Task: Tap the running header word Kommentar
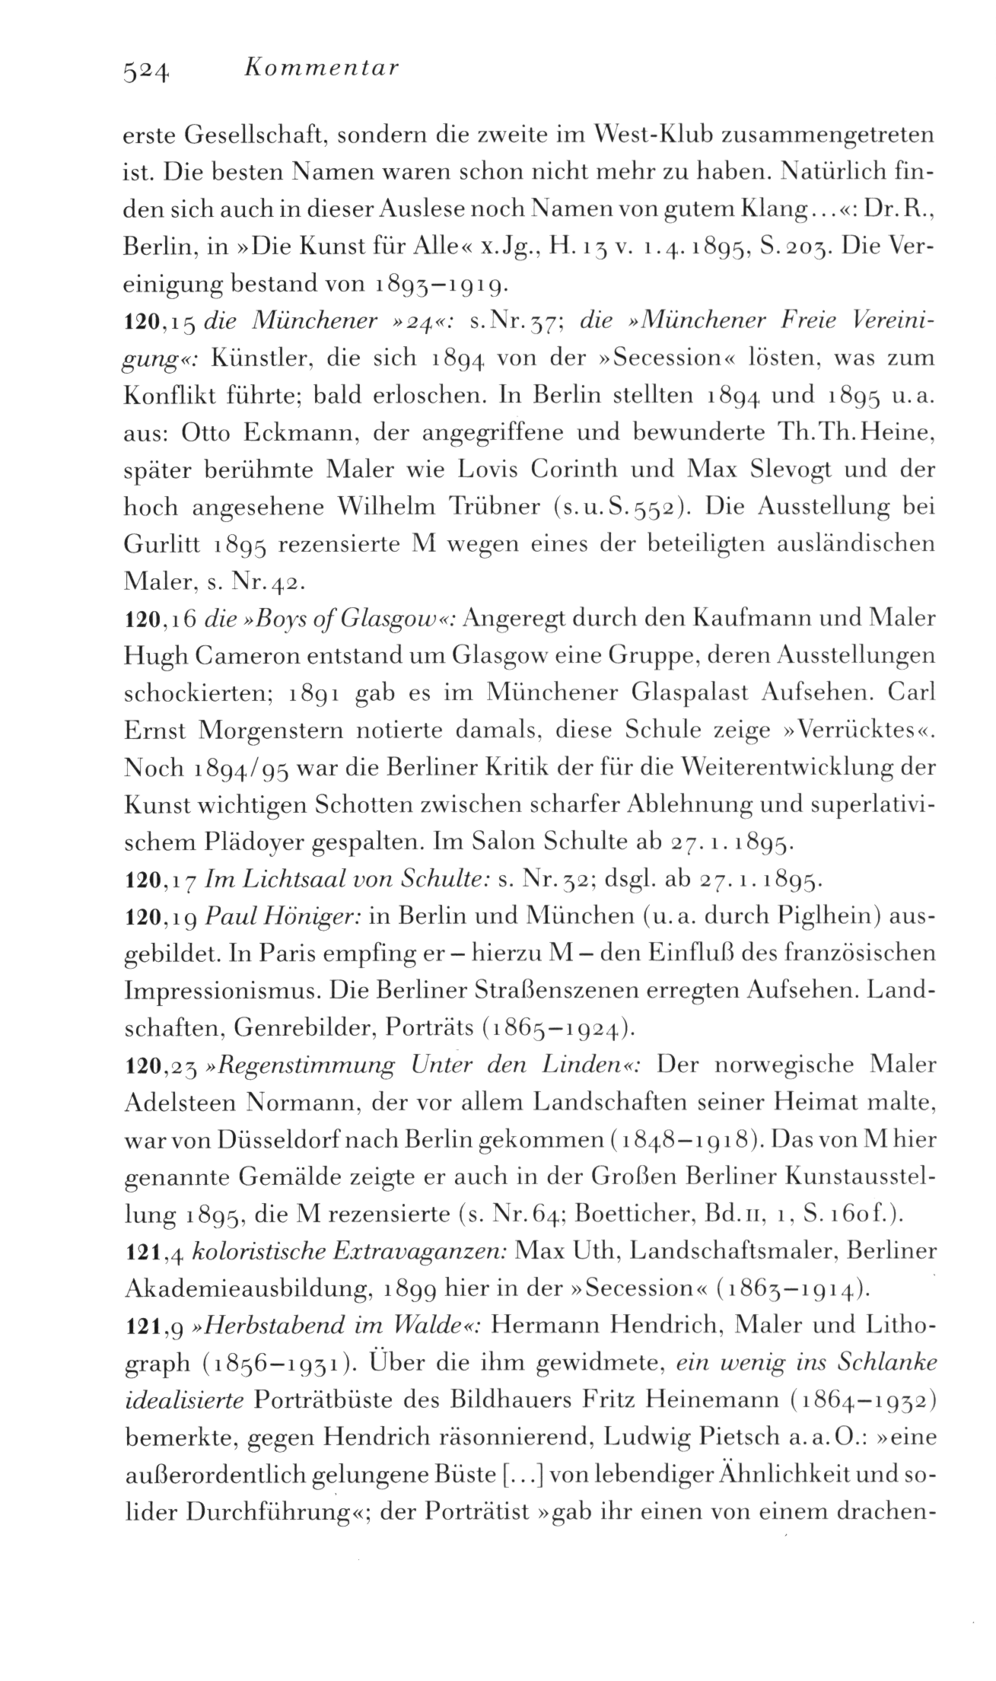pos(323,68)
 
